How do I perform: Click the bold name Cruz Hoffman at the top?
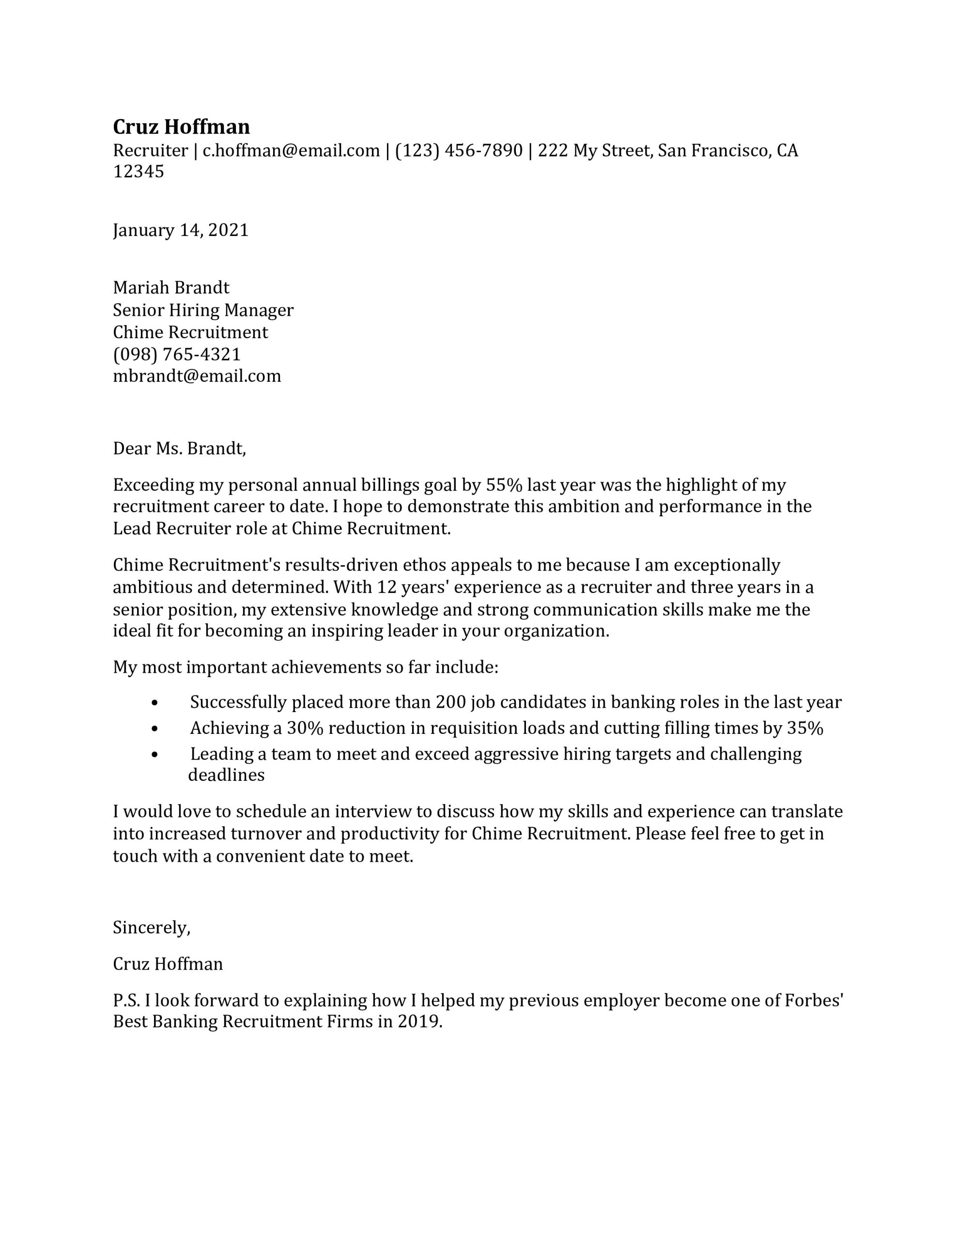(x=181, y=126)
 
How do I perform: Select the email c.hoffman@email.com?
(x=291, y=151)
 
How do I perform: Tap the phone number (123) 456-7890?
(x=458, y=151)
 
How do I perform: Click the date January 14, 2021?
(x=181, y=230)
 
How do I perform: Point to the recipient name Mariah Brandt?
(x=171, y=287)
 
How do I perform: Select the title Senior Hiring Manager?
(x=203, y=310)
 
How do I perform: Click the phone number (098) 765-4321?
(x=177, y=354)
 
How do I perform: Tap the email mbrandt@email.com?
(x=197, y=376)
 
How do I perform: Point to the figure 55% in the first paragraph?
(x=503, y=485)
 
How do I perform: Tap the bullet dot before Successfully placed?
(x=155, y=703)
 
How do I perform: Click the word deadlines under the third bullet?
(x=226, y=775)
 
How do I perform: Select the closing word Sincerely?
(x=151, y=927)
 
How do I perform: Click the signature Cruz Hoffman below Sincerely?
(x=168, y=963)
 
